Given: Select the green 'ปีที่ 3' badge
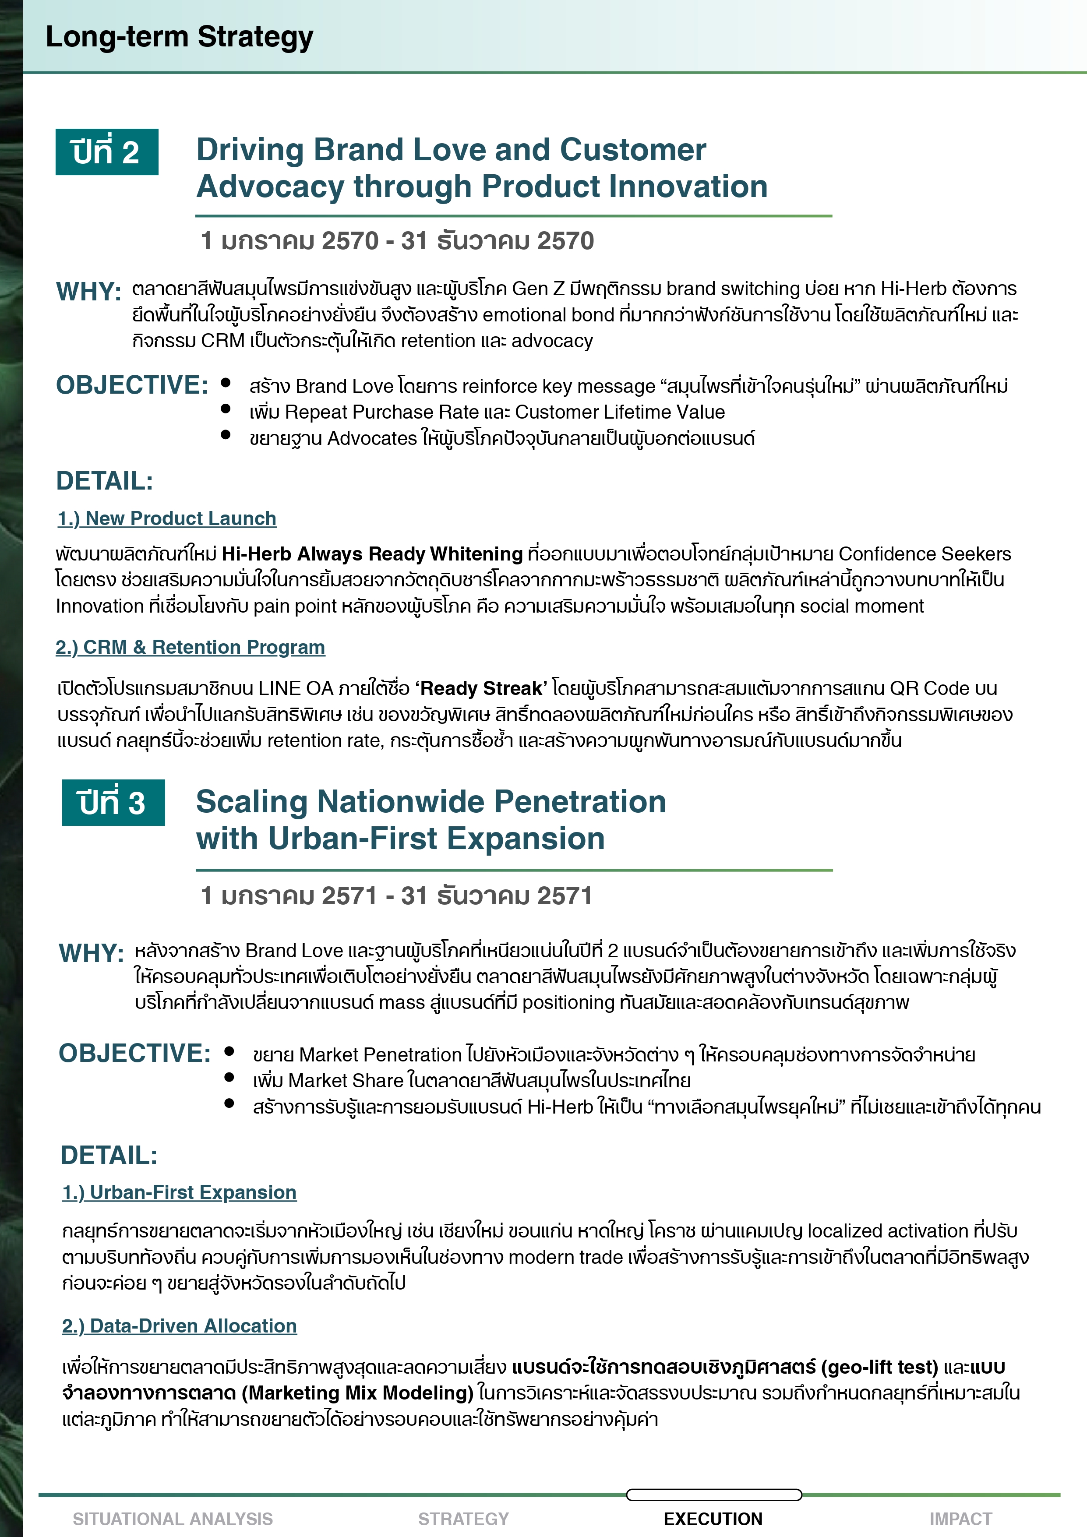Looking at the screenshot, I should pos(113,803).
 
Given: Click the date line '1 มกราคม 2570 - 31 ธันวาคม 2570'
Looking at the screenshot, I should pos(397,241).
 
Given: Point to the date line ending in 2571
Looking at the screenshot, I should pos(396,895).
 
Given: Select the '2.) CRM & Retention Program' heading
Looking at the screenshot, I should pos(190,647).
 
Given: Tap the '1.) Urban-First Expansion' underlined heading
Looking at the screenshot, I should pos(180,1192).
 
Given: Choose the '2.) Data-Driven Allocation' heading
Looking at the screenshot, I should pos(180,1325).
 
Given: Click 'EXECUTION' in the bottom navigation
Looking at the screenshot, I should pos(713,1519).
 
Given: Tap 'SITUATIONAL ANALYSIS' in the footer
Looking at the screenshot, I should pos(173,1519).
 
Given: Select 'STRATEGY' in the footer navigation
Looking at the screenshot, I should pos(463,1519).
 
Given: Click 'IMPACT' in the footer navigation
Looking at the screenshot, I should pos(960,1519).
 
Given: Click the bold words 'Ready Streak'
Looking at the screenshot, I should pos(480,688).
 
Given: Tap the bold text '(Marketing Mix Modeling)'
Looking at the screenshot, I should pos(357,1393).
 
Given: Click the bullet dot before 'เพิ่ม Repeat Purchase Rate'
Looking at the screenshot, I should pos(226,409).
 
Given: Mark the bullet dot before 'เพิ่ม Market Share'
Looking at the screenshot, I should pos(229,1077).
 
